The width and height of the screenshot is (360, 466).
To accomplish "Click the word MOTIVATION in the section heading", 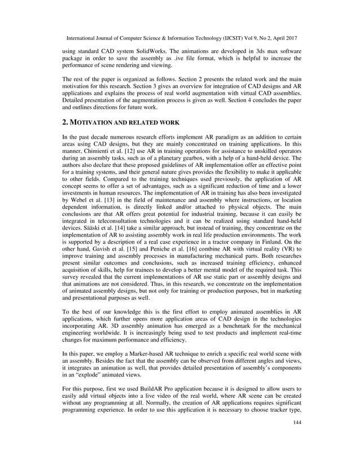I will (x=96, y=122).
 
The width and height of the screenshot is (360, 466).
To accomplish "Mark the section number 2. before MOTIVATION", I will (x=65, y=122).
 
